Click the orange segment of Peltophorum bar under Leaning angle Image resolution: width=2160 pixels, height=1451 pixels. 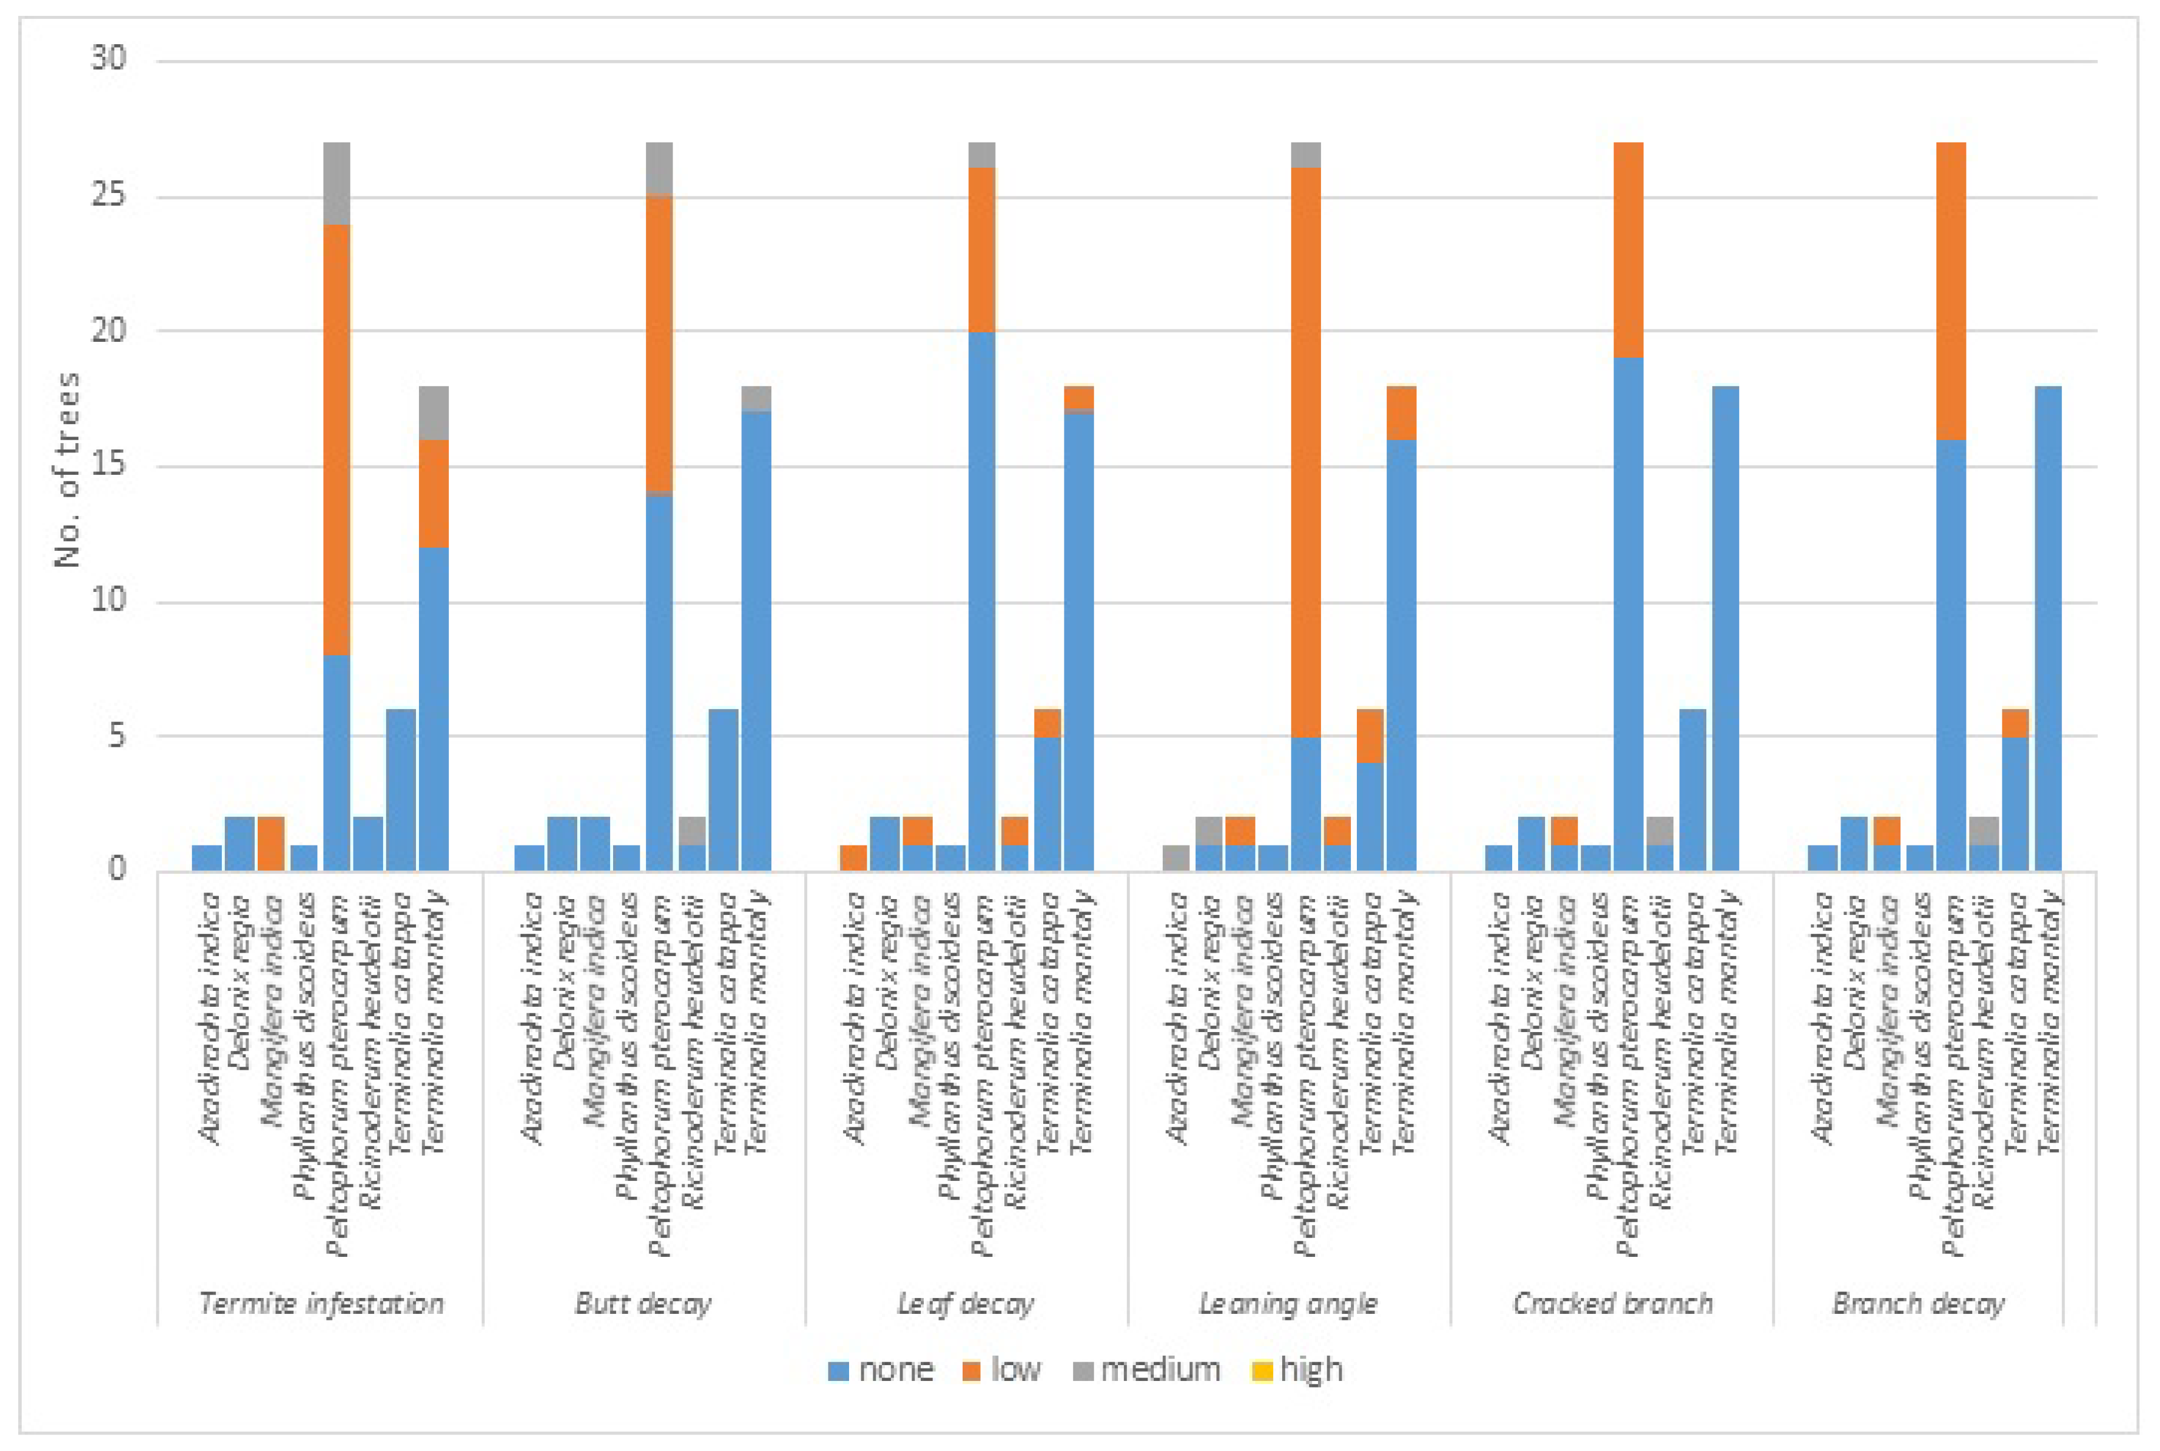[x=1306, y=454]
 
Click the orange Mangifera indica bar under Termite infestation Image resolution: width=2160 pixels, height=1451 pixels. [x=271, y=843]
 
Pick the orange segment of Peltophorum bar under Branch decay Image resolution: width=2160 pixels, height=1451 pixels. [x=1951, y=291]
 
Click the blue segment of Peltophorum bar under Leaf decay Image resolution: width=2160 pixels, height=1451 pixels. [x=981, y=601]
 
